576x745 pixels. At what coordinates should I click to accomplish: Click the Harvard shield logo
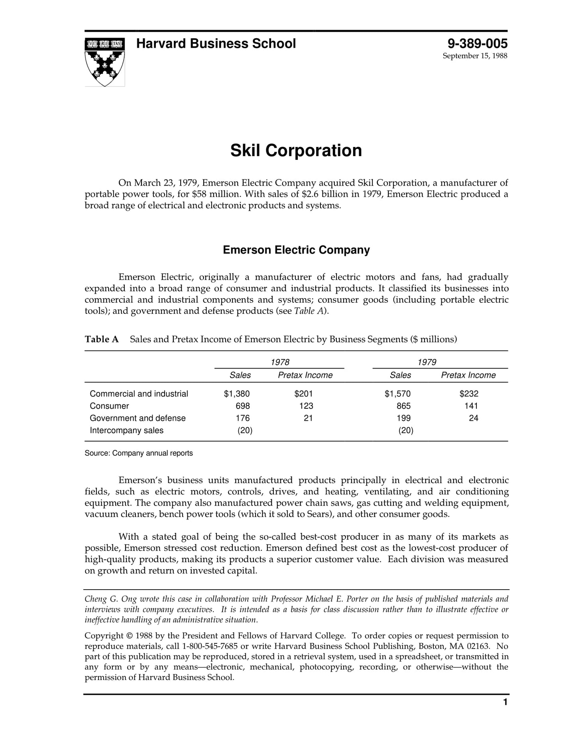(x=104, y=62)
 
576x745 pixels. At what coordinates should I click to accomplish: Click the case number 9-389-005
(x=477, y=43)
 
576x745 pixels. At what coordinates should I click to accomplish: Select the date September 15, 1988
(x=475, y=56)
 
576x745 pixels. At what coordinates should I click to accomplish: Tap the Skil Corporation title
(x=296, y=151)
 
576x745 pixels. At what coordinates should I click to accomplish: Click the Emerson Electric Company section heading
(x=296, y=250)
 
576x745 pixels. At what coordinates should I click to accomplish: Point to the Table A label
(x=102, y=339)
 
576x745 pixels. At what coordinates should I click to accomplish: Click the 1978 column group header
(x=280, y=362)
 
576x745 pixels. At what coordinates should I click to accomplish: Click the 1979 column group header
(x=427, y=362)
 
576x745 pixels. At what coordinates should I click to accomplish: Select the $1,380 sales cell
(x=237, y=394)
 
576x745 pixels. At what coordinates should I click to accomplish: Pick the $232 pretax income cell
(x=469, y=394)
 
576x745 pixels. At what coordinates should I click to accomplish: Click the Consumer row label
(x=109, y=406)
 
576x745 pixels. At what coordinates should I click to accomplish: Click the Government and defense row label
(x=138, y=418)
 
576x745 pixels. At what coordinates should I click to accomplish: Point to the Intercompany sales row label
(x=126, y=430)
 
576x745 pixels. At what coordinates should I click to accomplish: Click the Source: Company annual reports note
(x=138, y=453)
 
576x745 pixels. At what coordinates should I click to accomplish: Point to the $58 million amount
(x=216, y=194)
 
